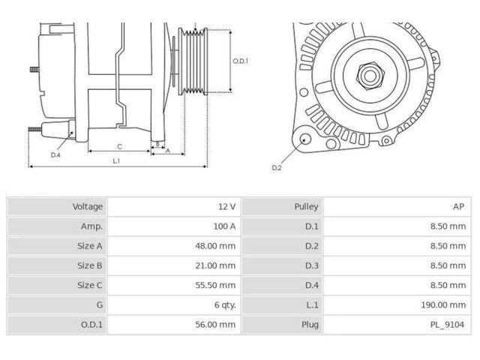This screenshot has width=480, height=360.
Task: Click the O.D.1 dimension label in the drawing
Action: tap(240, 61)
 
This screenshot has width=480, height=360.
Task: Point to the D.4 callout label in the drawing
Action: tap(55, 154)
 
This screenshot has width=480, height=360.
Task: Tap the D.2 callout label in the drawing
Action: tap(277, 167)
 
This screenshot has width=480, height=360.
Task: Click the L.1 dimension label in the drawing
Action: tap(116, 160)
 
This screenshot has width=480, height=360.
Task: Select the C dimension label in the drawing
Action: tap(119, 147)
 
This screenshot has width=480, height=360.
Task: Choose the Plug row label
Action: tap(309, 324)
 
